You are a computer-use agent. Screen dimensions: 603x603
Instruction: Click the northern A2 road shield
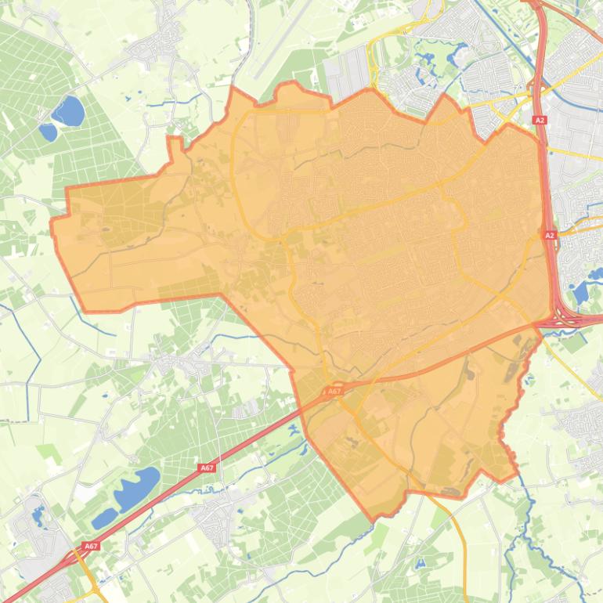coord(540,120)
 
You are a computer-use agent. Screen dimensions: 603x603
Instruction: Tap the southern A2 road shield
coord(549,235)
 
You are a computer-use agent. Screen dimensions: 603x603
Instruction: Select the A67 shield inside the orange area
coord(334,391)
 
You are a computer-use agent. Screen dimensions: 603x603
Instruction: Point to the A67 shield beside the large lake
coord(206,468)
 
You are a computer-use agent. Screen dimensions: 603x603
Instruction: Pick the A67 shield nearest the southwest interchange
coord(91,546)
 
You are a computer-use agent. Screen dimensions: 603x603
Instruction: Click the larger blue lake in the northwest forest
coord(69,111)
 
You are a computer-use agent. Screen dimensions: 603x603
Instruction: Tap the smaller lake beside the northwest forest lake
coord(49,132)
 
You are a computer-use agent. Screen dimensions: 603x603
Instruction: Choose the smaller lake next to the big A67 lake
coord(104,518)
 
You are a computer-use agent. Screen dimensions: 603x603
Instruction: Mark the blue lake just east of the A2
coord(580,292)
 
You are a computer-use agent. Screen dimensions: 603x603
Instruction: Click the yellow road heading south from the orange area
coord(460,540)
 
